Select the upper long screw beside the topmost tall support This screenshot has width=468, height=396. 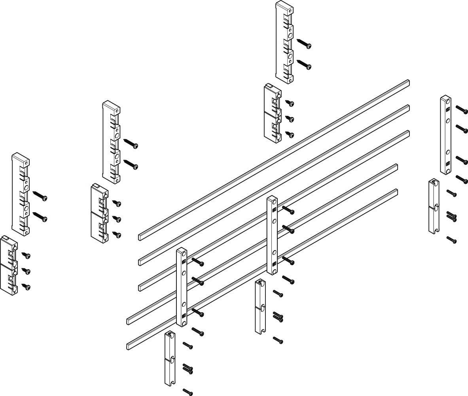point(304,44)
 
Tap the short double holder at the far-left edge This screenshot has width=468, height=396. point(9,264)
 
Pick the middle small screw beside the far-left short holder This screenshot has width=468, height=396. point(26,271)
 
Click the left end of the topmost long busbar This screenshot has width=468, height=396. point(141,237)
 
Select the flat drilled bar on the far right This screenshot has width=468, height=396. point(445,135)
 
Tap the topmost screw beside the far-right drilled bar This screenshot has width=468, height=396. point(462,108)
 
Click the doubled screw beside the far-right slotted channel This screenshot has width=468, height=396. point(452,215)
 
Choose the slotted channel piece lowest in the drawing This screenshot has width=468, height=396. point(170,358)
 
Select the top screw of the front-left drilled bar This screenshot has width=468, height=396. point(198,261)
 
